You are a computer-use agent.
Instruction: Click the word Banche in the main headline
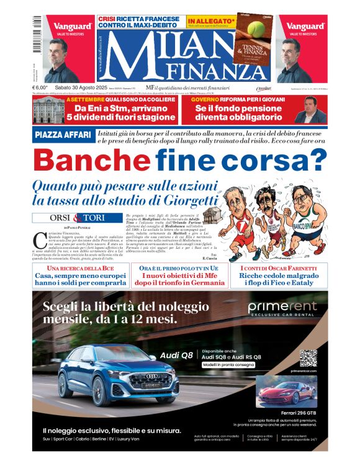[91, 161]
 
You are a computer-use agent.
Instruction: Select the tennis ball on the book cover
[256, 29]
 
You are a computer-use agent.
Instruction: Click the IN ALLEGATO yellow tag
[212, 20]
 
